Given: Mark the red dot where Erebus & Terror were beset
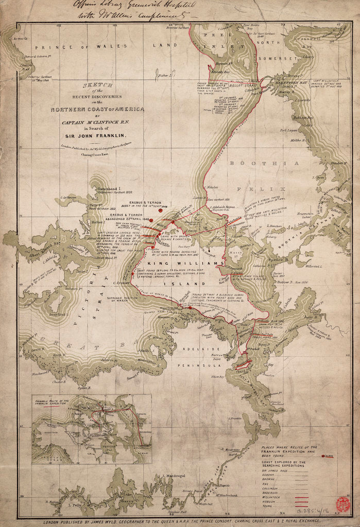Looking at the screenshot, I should tap(160, 210).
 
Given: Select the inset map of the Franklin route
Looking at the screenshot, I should tap(92, 429).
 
